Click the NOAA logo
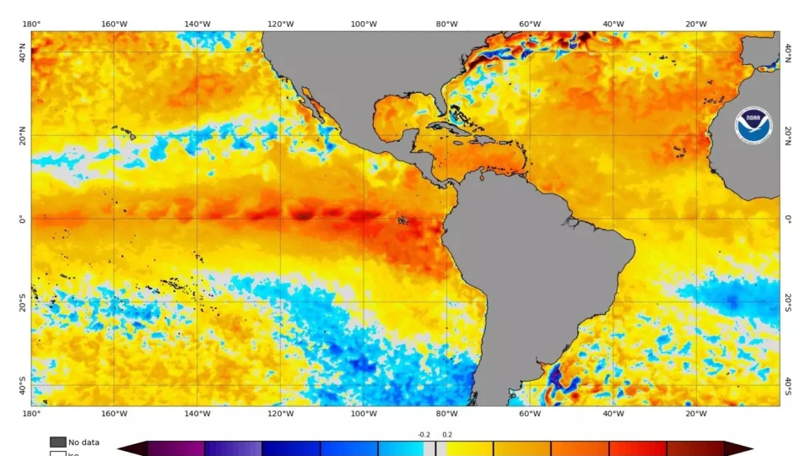(753, 125)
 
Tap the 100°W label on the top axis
(364, 24)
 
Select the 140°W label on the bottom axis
(197, 414)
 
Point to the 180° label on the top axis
(31, 24)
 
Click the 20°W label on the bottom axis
(696, 414)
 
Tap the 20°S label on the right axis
(788, 302)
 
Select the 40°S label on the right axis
(788, 386)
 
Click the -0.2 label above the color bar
(424, 435)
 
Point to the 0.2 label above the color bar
(447, 435)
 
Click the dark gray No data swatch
(57, 442)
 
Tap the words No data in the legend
(84, 442)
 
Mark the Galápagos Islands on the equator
(403, 221)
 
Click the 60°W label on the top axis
(530, 24)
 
